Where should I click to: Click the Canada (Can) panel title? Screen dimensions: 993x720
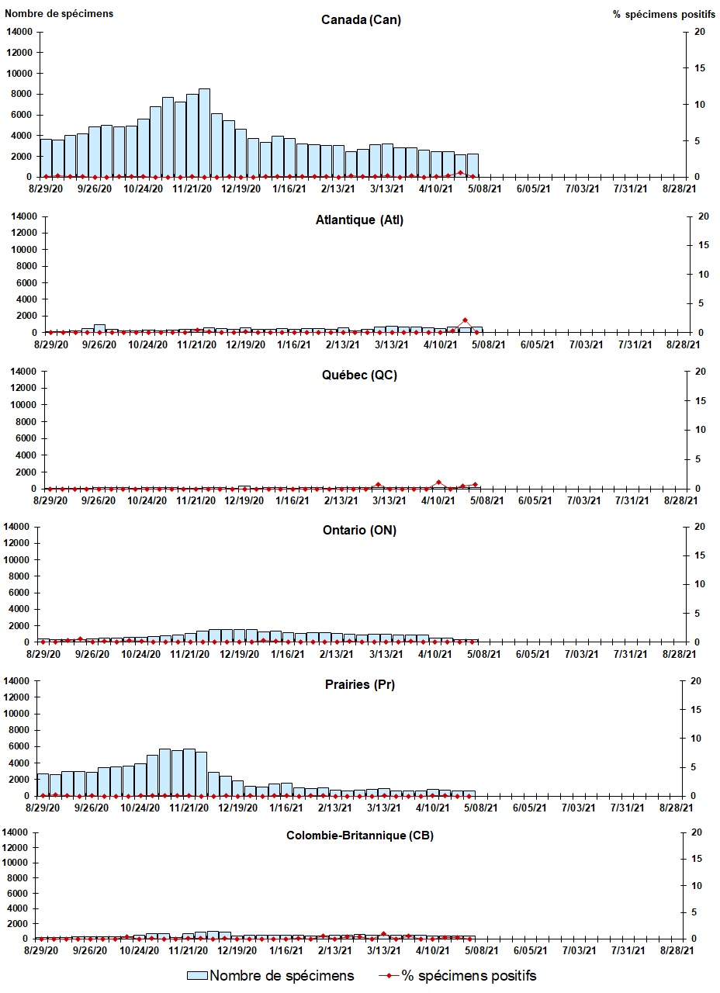coord(361,20)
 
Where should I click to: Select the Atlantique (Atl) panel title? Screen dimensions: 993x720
coord(359,220)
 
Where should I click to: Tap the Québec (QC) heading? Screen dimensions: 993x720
coord(359,375)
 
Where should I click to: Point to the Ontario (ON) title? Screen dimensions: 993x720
coord(359,530)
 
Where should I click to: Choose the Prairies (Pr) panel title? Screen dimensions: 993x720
coord(359,685)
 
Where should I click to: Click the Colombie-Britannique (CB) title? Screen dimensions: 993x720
coord(359,836)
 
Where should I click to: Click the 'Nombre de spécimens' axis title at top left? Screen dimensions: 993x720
coord(59,13)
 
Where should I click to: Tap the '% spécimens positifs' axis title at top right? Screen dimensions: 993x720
coord(660,14)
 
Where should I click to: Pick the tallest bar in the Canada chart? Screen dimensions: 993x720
coord(204,133)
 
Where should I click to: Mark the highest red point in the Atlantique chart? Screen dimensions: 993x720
coord(465,320)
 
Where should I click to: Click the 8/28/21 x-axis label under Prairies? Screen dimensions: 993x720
coord(677,808)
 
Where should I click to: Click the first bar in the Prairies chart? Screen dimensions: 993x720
coord(43,784)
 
